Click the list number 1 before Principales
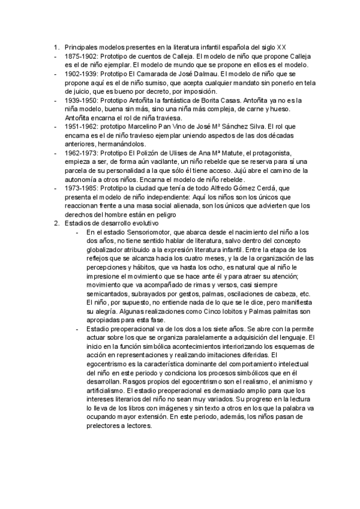tap(56, 46)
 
